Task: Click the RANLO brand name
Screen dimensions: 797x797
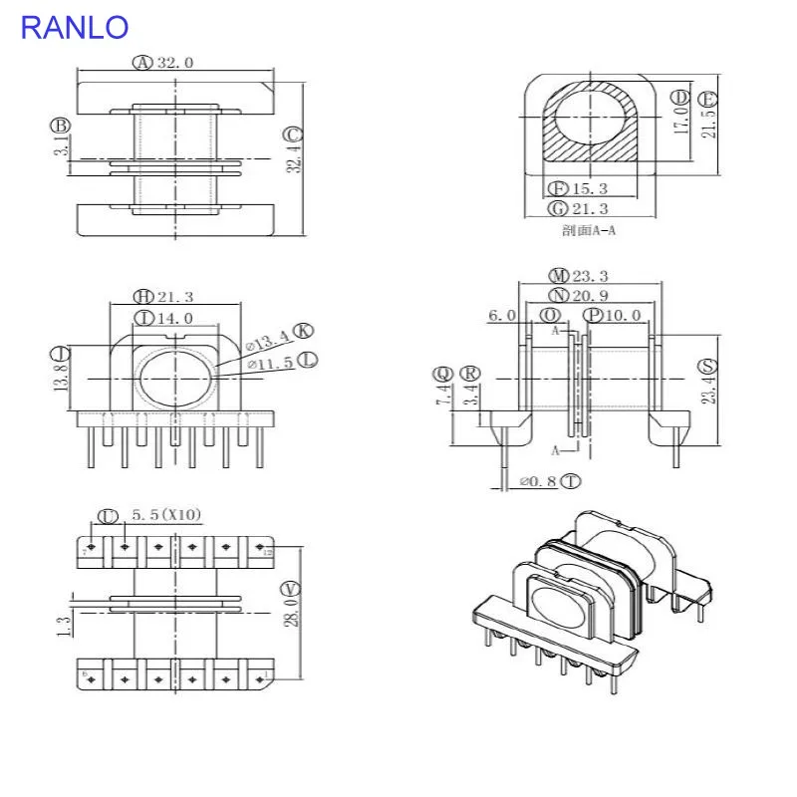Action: (75, 27)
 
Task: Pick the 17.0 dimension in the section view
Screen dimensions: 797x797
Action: (681, 121)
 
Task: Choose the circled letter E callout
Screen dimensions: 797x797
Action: (708, 99)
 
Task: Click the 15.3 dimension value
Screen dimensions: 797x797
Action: (591, 188)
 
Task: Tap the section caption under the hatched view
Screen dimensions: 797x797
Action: (589, 231)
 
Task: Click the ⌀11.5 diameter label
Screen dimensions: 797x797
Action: (268, 366)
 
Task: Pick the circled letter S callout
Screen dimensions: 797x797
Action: (706, 365)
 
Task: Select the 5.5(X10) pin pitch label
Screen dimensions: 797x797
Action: (166, 515)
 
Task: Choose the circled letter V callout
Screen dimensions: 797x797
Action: (291, 587)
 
